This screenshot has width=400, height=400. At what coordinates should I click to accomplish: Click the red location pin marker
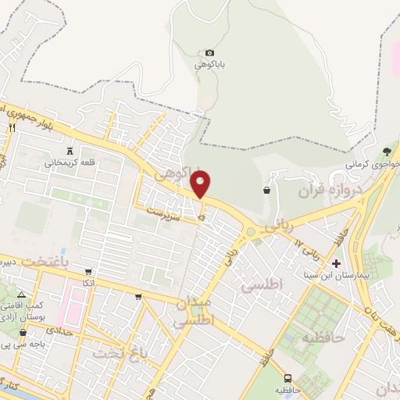(x=202, y=185)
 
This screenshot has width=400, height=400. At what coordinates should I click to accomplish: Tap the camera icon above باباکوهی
(x=209, y=52)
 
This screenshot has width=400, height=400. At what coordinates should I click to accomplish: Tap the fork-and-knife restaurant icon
(x=12, y=127)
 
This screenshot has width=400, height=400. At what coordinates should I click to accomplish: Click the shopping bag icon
(x=267, y=189)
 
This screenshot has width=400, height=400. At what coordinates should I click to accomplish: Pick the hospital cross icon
(x=337, y=263)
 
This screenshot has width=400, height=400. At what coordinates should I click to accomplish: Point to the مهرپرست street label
(x=166, y=210)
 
